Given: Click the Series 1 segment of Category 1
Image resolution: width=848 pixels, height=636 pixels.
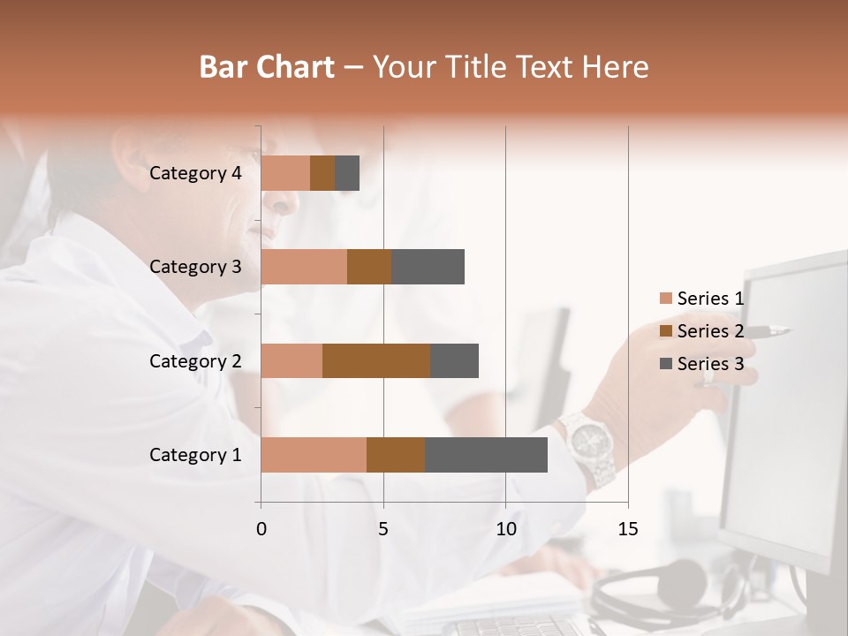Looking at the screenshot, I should [314, 455].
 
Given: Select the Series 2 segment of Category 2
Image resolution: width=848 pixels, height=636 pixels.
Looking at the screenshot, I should [376, 361].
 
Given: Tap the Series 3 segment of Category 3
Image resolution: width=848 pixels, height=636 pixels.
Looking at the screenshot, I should [428, 267].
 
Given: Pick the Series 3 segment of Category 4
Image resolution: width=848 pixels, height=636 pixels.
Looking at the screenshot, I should [347, 173].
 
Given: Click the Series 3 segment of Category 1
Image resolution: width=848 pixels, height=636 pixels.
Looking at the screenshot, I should [486, 455].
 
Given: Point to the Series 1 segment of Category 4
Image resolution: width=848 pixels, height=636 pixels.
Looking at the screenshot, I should [285, 173].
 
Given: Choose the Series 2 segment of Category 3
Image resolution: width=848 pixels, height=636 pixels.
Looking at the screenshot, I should [369, 267].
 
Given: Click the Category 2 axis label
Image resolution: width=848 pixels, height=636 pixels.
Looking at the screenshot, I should [195, 361].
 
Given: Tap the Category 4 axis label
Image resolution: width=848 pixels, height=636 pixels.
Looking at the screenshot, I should [195, 173].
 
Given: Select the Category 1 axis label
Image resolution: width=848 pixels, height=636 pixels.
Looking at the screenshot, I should [195, 455].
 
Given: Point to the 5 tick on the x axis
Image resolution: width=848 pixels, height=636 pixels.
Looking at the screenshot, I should [383, 529].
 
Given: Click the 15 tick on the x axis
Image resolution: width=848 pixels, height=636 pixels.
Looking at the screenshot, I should [627, 529].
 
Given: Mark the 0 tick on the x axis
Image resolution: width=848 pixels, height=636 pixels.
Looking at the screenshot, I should [261, 529].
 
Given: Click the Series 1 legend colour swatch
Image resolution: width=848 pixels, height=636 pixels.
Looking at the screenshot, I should [665, 299].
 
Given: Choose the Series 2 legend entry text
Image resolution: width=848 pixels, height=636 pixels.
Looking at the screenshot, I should [710, 331].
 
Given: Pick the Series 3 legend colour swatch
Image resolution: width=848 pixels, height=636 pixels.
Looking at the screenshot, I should [665, 364].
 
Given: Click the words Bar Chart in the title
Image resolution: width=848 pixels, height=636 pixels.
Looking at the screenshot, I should [267, 67].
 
